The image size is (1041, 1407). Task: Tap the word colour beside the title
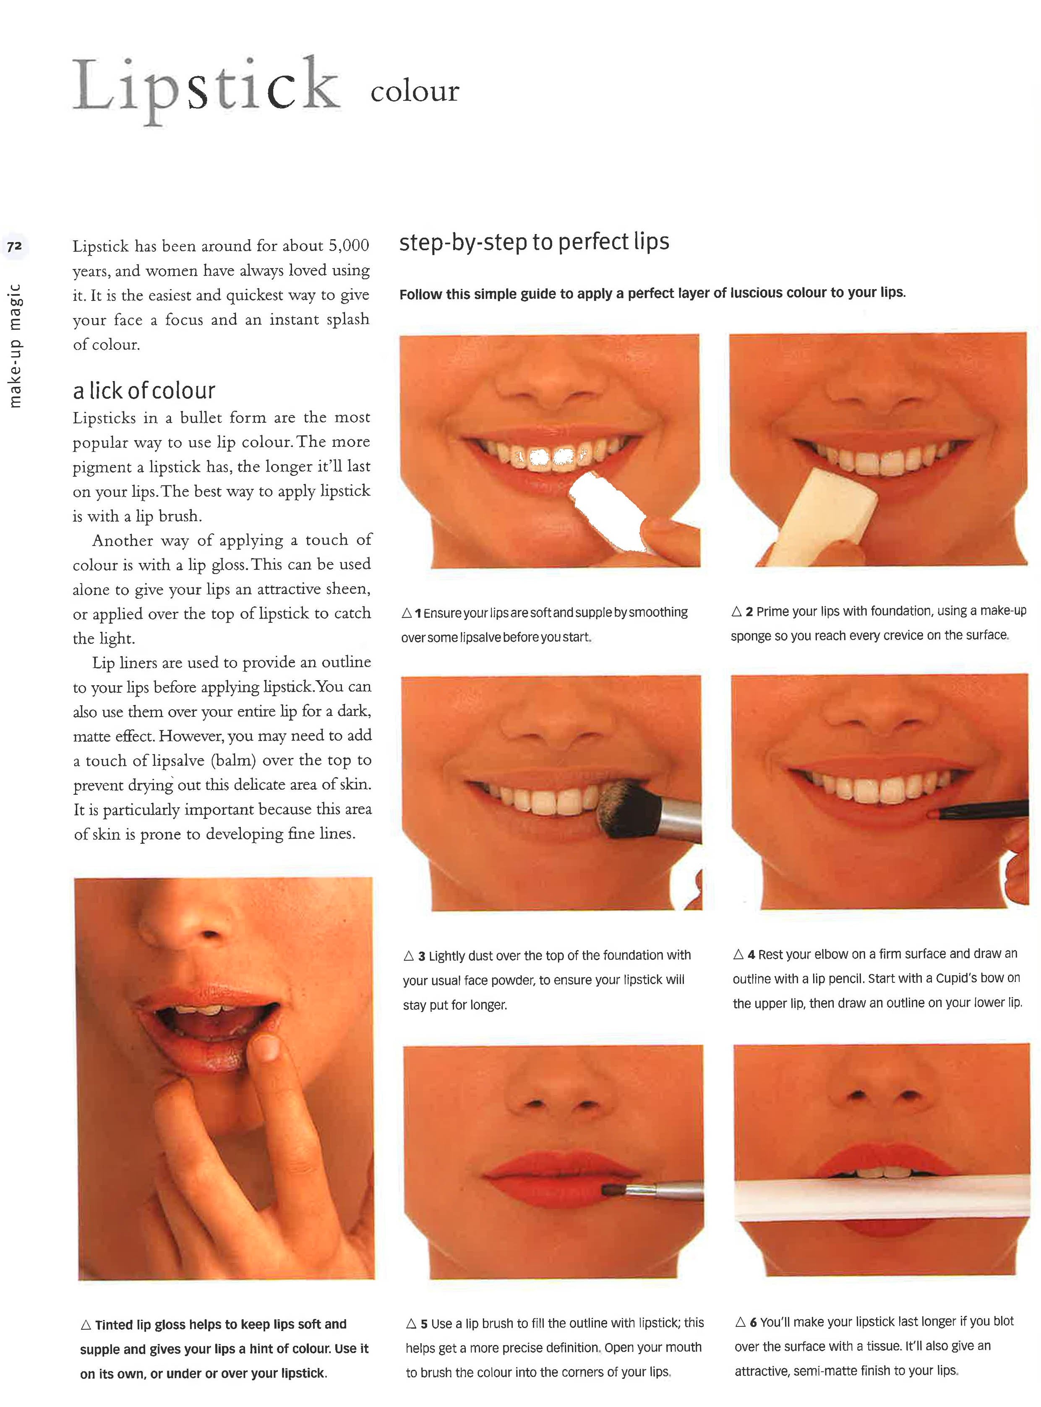pyautogui.click(x=415, y=91)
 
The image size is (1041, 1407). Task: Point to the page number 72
pyautogui.click(x=14, y=246)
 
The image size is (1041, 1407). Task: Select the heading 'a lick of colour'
pyautogui.click(x=144, y=391)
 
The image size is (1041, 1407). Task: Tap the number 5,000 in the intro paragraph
pyautogui.click(x=349, y=246)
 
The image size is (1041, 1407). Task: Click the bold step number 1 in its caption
pyautogui.click(x=418, y=613)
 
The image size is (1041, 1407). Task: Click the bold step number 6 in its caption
pyautogui.click(x=753, y=1322)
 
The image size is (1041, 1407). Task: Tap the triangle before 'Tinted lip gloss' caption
pyautogui.click(x=86, y=1325)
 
